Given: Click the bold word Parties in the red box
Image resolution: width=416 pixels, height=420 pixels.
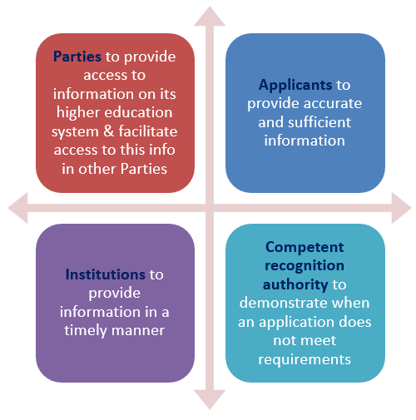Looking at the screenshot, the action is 77,57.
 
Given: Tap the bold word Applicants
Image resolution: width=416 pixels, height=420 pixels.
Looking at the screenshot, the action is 295,85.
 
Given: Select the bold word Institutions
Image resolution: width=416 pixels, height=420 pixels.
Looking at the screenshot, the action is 106,274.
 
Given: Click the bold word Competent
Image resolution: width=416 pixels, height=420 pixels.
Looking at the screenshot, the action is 305,247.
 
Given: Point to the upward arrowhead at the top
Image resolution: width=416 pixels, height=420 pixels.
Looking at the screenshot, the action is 210,17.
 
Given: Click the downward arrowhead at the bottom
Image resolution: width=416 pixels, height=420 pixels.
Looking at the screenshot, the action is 210,399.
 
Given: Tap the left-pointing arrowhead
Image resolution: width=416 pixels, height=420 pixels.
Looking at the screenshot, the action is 18,208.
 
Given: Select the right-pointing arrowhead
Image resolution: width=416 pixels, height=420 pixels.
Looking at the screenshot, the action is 401,208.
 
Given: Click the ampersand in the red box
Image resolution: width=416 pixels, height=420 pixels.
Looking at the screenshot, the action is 109,131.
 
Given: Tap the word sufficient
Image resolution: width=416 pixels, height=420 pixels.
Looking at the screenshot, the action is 319,122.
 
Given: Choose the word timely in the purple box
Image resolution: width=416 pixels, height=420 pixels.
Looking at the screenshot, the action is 86,331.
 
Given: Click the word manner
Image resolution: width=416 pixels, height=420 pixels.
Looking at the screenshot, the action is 138,331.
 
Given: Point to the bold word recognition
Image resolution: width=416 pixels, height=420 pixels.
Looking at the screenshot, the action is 305,266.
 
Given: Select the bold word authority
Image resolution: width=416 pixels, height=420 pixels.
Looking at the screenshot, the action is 295,284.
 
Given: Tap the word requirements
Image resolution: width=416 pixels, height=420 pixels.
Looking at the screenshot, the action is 305,360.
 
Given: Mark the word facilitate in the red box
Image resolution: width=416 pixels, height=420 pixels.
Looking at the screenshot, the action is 148,131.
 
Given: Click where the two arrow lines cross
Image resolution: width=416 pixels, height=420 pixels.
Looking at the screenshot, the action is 210,208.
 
